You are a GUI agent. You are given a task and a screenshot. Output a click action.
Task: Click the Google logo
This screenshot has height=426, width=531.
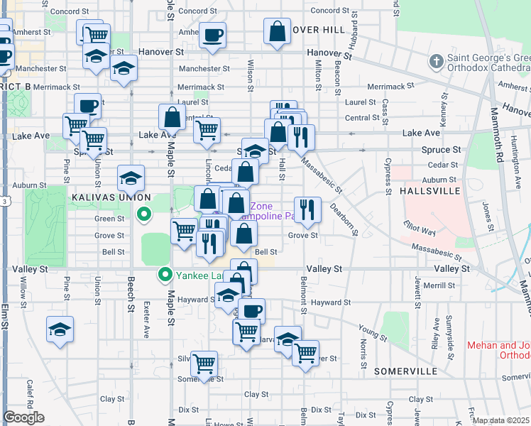(23, 417)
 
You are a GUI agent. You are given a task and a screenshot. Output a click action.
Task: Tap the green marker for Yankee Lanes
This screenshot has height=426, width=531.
(165, 273)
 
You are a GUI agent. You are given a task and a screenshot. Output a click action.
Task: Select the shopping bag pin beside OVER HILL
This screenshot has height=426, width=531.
(277, 31)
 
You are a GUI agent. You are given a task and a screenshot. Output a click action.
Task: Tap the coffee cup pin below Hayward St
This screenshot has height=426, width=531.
(251, 310)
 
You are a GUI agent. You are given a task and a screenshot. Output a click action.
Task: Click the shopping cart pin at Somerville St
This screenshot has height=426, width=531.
(204, 364)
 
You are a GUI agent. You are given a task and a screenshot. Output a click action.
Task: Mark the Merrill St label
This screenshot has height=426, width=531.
(441, 285)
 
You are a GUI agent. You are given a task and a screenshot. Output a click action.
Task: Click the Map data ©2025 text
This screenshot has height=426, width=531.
(501, 420)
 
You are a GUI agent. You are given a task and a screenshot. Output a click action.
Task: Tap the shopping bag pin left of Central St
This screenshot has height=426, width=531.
(172, 116)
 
